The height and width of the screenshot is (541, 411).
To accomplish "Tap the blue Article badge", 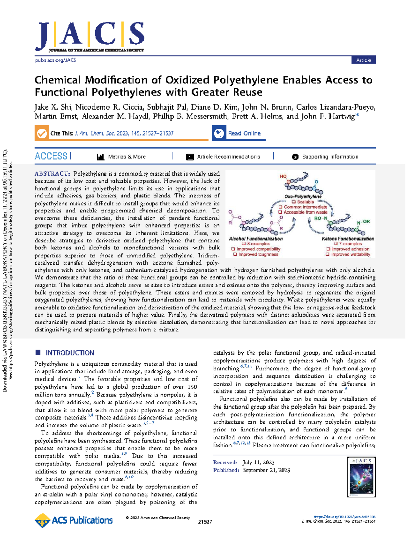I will tap(363, 60).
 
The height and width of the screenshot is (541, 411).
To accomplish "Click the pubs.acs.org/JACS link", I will tap(55, 60).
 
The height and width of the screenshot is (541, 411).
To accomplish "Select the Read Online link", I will tap(244, 133).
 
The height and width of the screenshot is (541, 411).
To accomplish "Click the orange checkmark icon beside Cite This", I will tap(42, 133).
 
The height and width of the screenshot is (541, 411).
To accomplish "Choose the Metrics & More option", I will tap(126, 157).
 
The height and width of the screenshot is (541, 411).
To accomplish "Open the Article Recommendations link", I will tap(228, 157).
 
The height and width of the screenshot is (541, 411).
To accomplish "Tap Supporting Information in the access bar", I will tap(330, 157).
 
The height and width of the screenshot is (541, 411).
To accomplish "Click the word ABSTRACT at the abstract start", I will tap(52, 174).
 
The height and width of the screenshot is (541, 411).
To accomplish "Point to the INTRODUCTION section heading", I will tap(70, 353).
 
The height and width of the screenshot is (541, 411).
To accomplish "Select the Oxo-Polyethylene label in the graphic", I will tap(303, 197).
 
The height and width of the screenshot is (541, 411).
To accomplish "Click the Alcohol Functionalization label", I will tap(256, 239).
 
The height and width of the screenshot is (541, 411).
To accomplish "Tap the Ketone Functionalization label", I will tap(348, 239).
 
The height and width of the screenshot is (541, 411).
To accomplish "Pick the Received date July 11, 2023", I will tap(258, 462).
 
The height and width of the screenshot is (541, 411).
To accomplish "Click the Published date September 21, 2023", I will tap(266, 470).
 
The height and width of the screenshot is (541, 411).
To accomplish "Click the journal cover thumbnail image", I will tap(361, 477).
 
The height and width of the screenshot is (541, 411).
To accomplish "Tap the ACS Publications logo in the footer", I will tap(74, 520).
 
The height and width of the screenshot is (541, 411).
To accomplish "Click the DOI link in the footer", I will tap(345, 517).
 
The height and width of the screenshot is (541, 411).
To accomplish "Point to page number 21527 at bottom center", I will tap(205, 522).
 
